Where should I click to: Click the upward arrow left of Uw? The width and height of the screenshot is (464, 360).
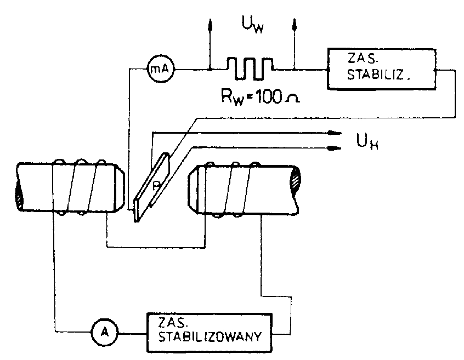[209, 25]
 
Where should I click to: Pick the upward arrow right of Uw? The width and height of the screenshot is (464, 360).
[295, 25]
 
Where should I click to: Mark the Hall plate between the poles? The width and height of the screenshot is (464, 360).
[152, 186]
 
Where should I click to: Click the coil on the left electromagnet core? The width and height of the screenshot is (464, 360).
[79, 186]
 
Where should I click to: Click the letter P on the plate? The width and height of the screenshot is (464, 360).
[156, 186]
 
